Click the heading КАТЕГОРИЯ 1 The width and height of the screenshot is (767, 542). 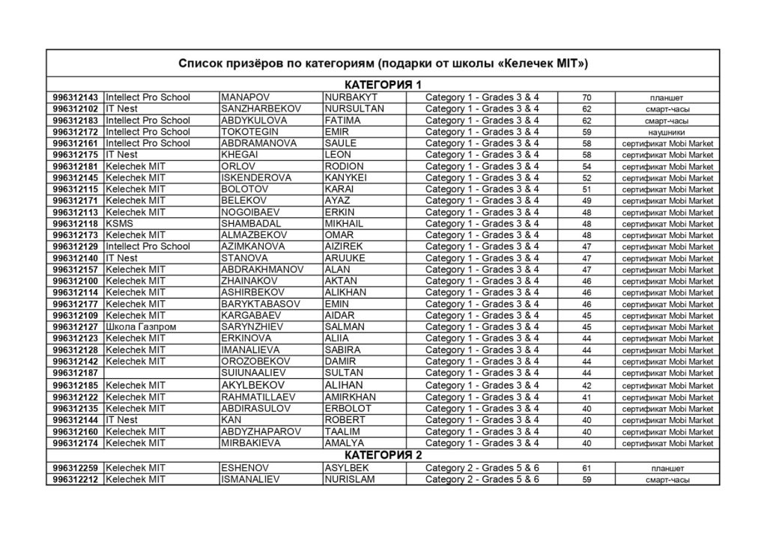click(x=383, y=85)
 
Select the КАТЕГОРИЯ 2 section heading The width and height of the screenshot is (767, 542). click(x=383, y=455)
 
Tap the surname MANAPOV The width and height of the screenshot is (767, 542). click(x=245, y=97)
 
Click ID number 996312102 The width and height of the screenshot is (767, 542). click(x=75, y=109)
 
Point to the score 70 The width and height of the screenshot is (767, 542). click(x=586, y=97)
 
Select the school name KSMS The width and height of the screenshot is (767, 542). click(x=118, y=224)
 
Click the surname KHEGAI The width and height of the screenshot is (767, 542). click(x=240, y=155)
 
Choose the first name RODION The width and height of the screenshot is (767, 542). click(x=345, y=166)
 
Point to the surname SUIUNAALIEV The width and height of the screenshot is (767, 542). click(x=255, y=373)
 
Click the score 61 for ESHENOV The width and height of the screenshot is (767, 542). click(x=586, y=468)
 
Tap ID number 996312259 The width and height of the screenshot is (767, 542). click(x=75, y=468)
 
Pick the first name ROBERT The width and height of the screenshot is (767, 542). click(x=345, y=420)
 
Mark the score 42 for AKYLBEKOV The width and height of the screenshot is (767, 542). click(x=586, y=386)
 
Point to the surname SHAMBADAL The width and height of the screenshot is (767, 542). click(x=251, y=224)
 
